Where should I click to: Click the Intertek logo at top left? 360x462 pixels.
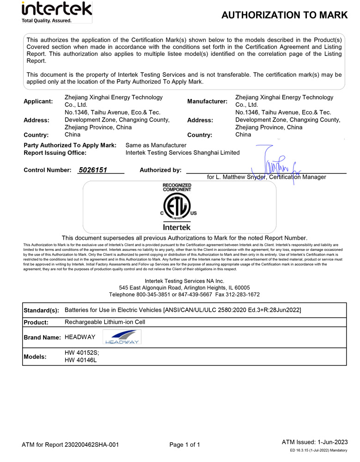(x=56, y=12)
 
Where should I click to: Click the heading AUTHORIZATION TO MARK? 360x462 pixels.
(x=284, y=15)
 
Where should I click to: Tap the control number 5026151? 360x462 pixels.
(x=93, y=170)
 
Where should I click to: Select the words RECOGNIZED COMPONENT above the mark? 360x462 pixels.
(x=177, y=187)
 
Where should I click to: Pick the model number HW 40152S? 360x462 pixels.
(x=82, y=352)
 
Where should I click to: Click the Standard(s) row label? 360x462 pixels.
(x=42, y=310)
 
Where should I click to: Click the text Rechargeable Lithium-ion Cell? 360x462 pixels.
(x=105, y=322)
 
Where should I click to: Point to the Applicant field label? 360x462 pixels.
(x=38, y=101)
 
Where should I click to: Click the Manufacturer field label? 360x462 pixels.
(x=207, y=101)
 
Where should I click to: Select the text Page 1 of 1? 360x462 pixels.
(x=185, y=445)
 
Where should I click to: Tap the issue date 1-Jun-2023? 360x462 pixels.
(x=331, y=442)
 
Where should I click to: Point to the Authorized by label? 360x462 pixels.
(x=160, y=170)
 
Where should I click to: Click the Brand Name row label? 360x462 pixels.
(x=42, y=338)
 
